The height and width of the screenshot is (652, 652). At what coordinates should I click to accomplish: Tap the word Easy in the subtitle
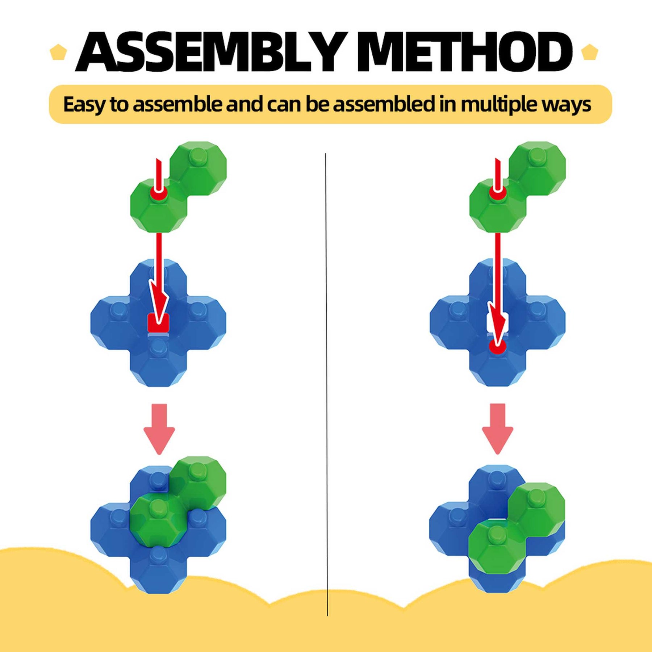[x=84, y=105]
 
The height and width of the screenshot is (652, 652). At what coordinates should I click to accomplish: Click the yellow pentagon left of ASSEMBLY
[x=58, y=52]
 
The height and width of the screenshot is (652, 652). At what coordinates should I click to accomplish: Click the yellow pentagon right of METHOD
[x=589, y=52]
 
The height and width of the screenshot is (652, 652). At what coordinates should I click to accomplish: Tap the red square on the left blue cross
[x=158, y=323]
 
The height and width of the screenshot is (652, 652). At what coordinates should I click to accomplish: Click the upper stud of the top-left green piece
[x=198, y=156]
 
